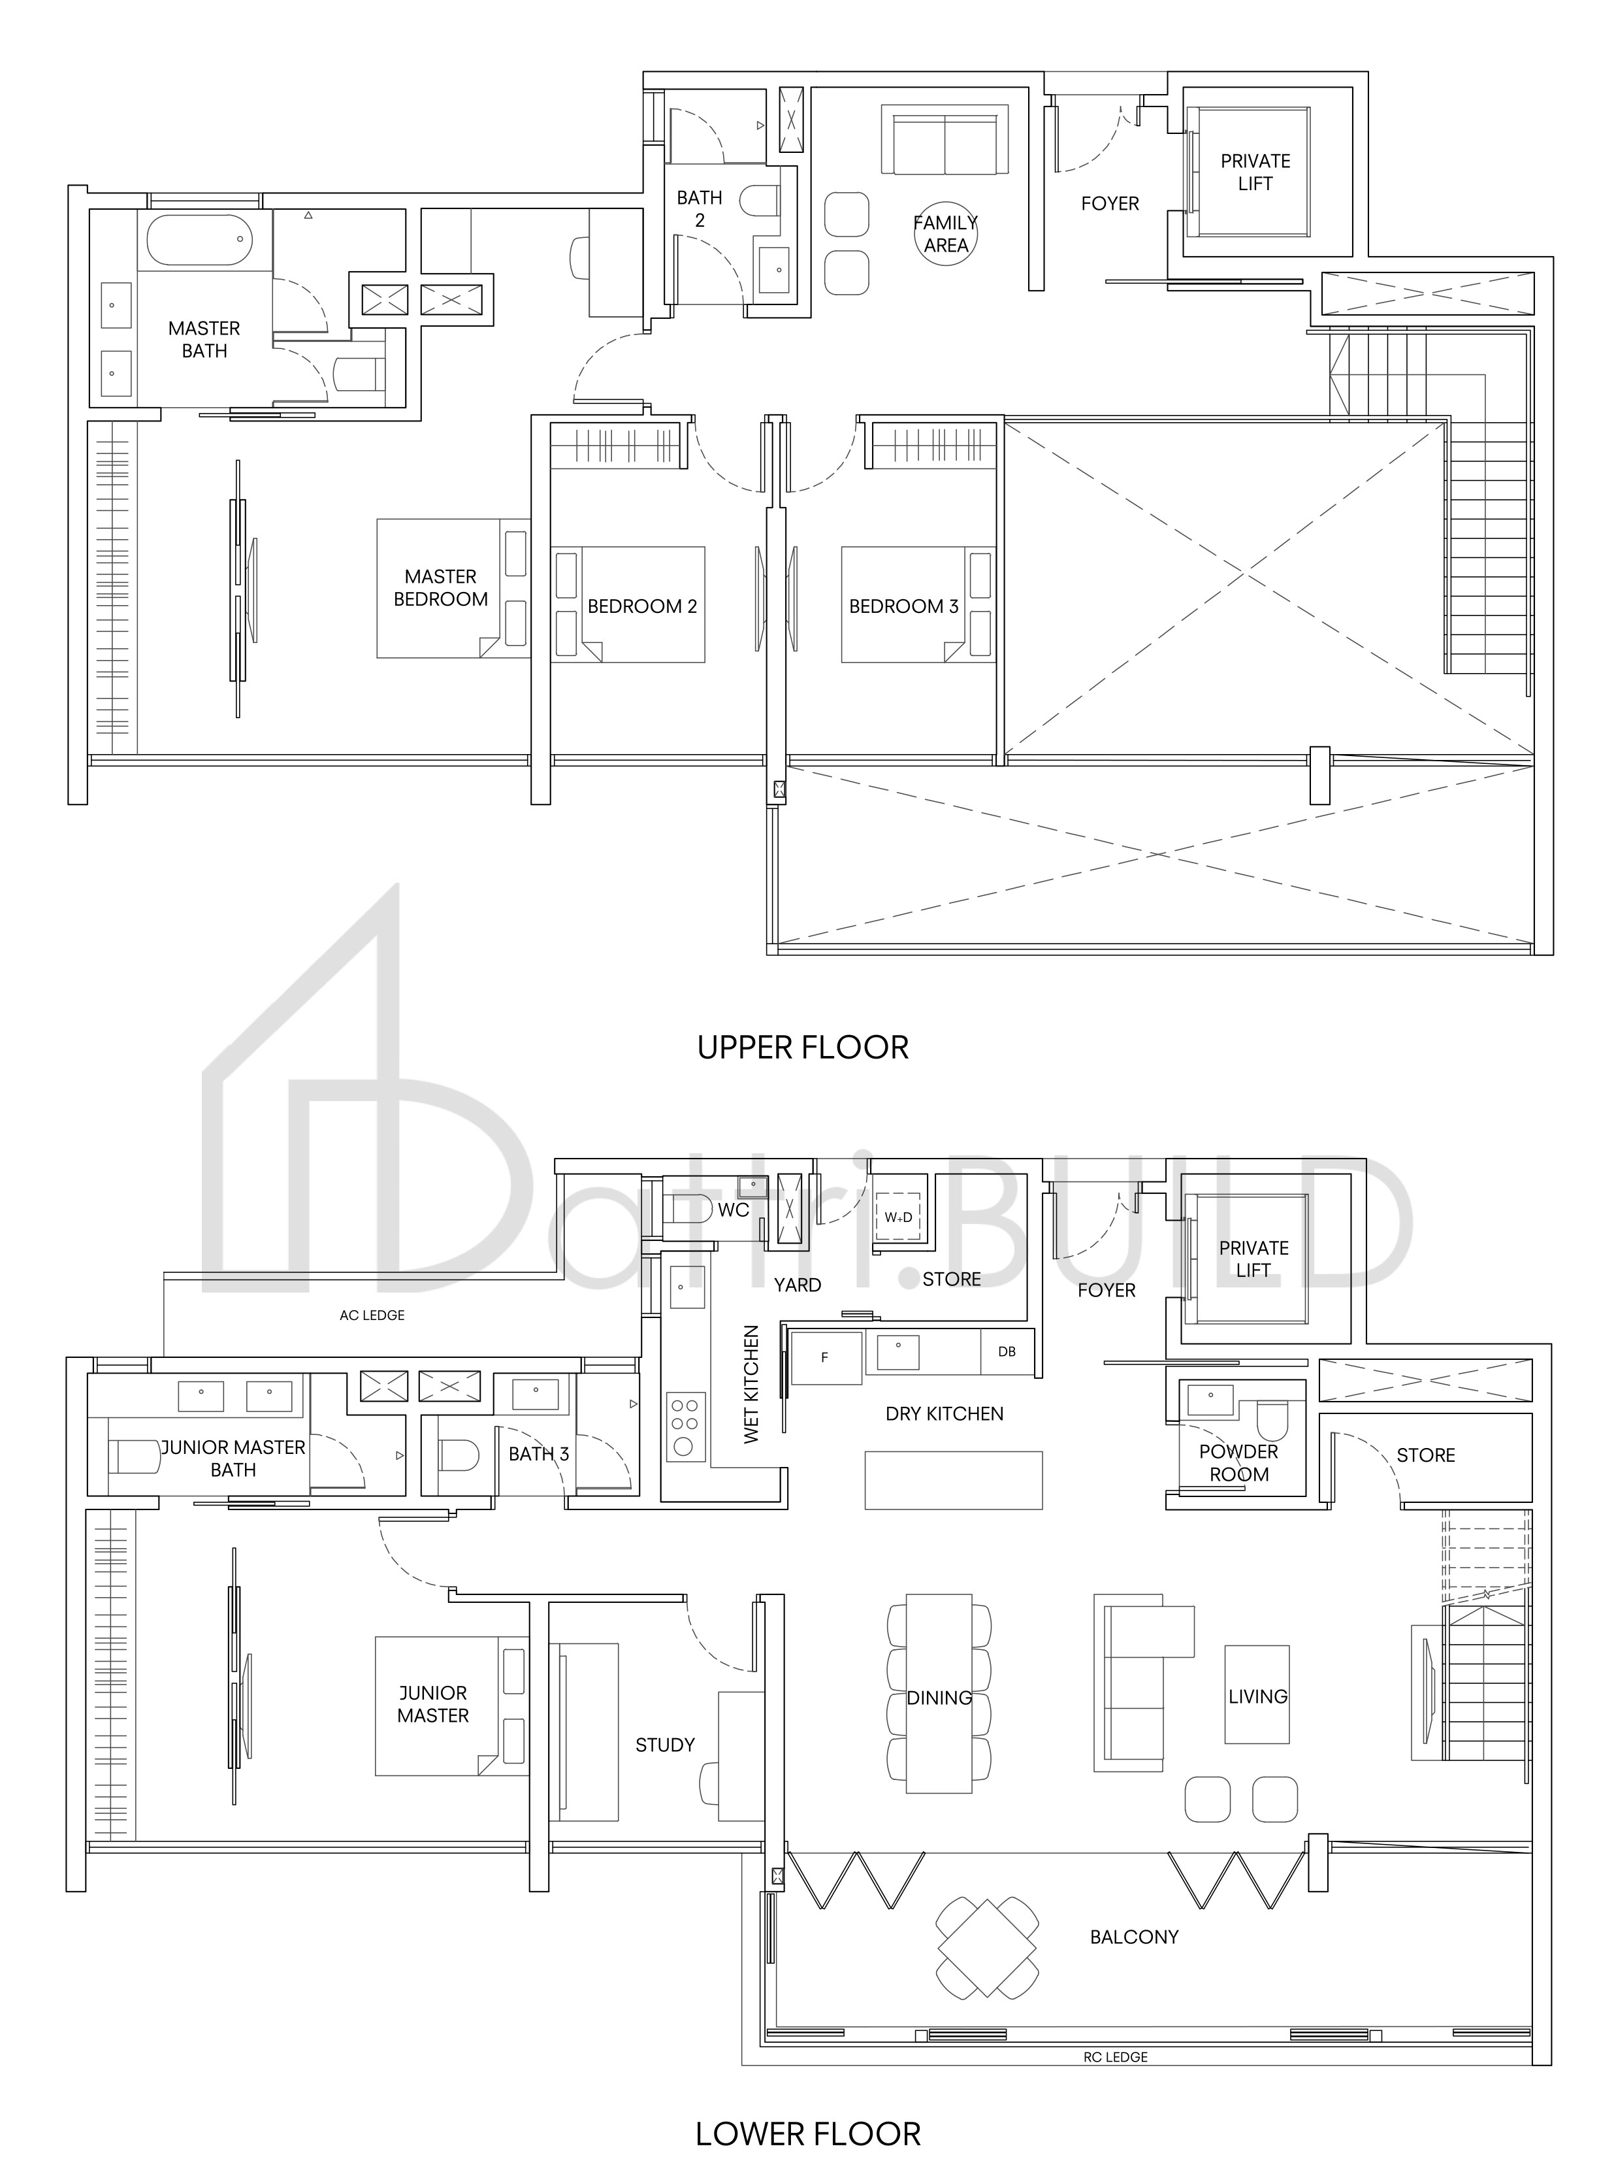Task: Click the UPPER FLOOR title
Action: click(803, 1048)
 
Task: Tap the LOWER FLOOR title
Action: click(808, 2134)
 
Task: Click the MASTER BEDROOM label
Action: click(440, 588)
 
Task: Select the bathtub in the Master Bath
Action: click(200, 239)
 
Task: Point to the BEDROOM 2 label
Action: click(641, 606)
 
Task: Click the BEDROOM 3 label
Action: click(903, 606)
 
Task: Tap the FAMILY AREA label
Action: click(945, 235)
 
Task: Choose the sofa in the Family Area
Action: click(945, 142)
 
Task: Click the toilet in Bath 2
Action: click(760, 203)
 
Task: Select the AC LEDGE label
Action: click(372, 1315)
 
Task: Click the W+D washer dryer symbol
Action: click(898, 1217)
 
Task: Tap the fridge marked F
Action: click(826, 1357)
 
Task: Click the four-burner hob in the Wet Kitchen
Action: click(685, 1426)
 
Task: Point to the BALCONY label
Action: click(1134, 1936)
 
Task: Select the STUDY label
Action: click(665, 1745)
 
